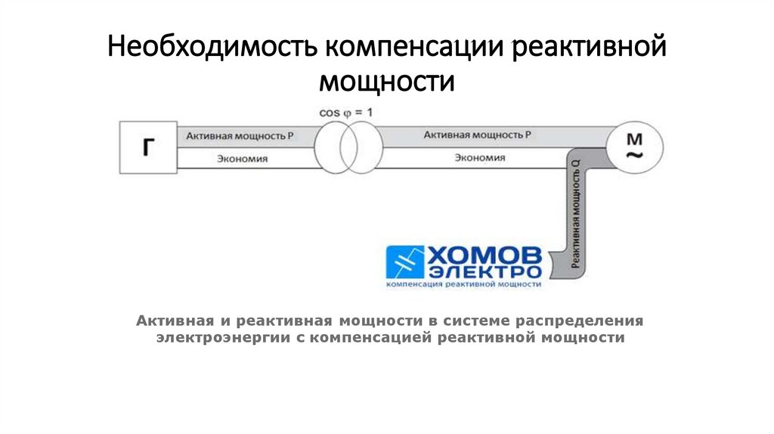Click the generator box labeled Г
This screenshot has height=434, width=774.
147,148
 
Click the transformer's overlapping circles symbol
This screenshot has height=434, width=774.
347,147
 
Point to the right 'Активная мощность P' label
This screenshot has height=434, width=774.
478,135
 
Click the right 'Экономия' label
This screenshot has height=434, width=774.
480,158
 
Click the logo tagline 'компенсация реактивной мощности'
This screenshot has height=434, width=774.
463,285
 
